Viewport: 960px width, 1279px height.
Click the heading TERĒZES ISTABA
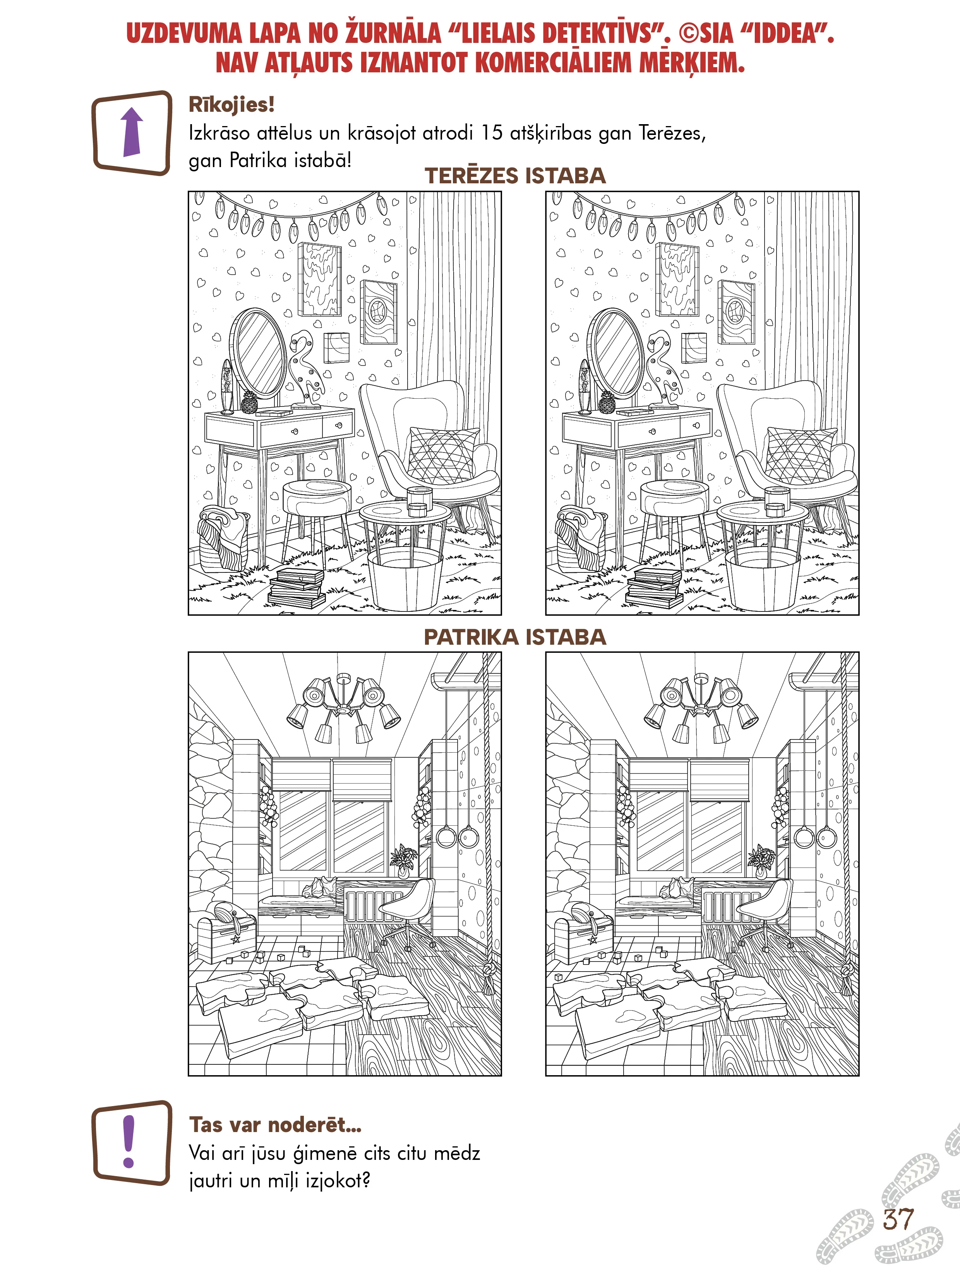(515, 175)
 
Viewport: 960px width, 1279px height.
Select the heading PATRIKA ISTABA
(515, 637)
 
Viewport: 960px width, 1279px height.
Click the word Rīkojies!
(231, 105)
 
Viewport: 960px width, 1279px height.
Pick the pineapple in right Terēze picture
(607, 402)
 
